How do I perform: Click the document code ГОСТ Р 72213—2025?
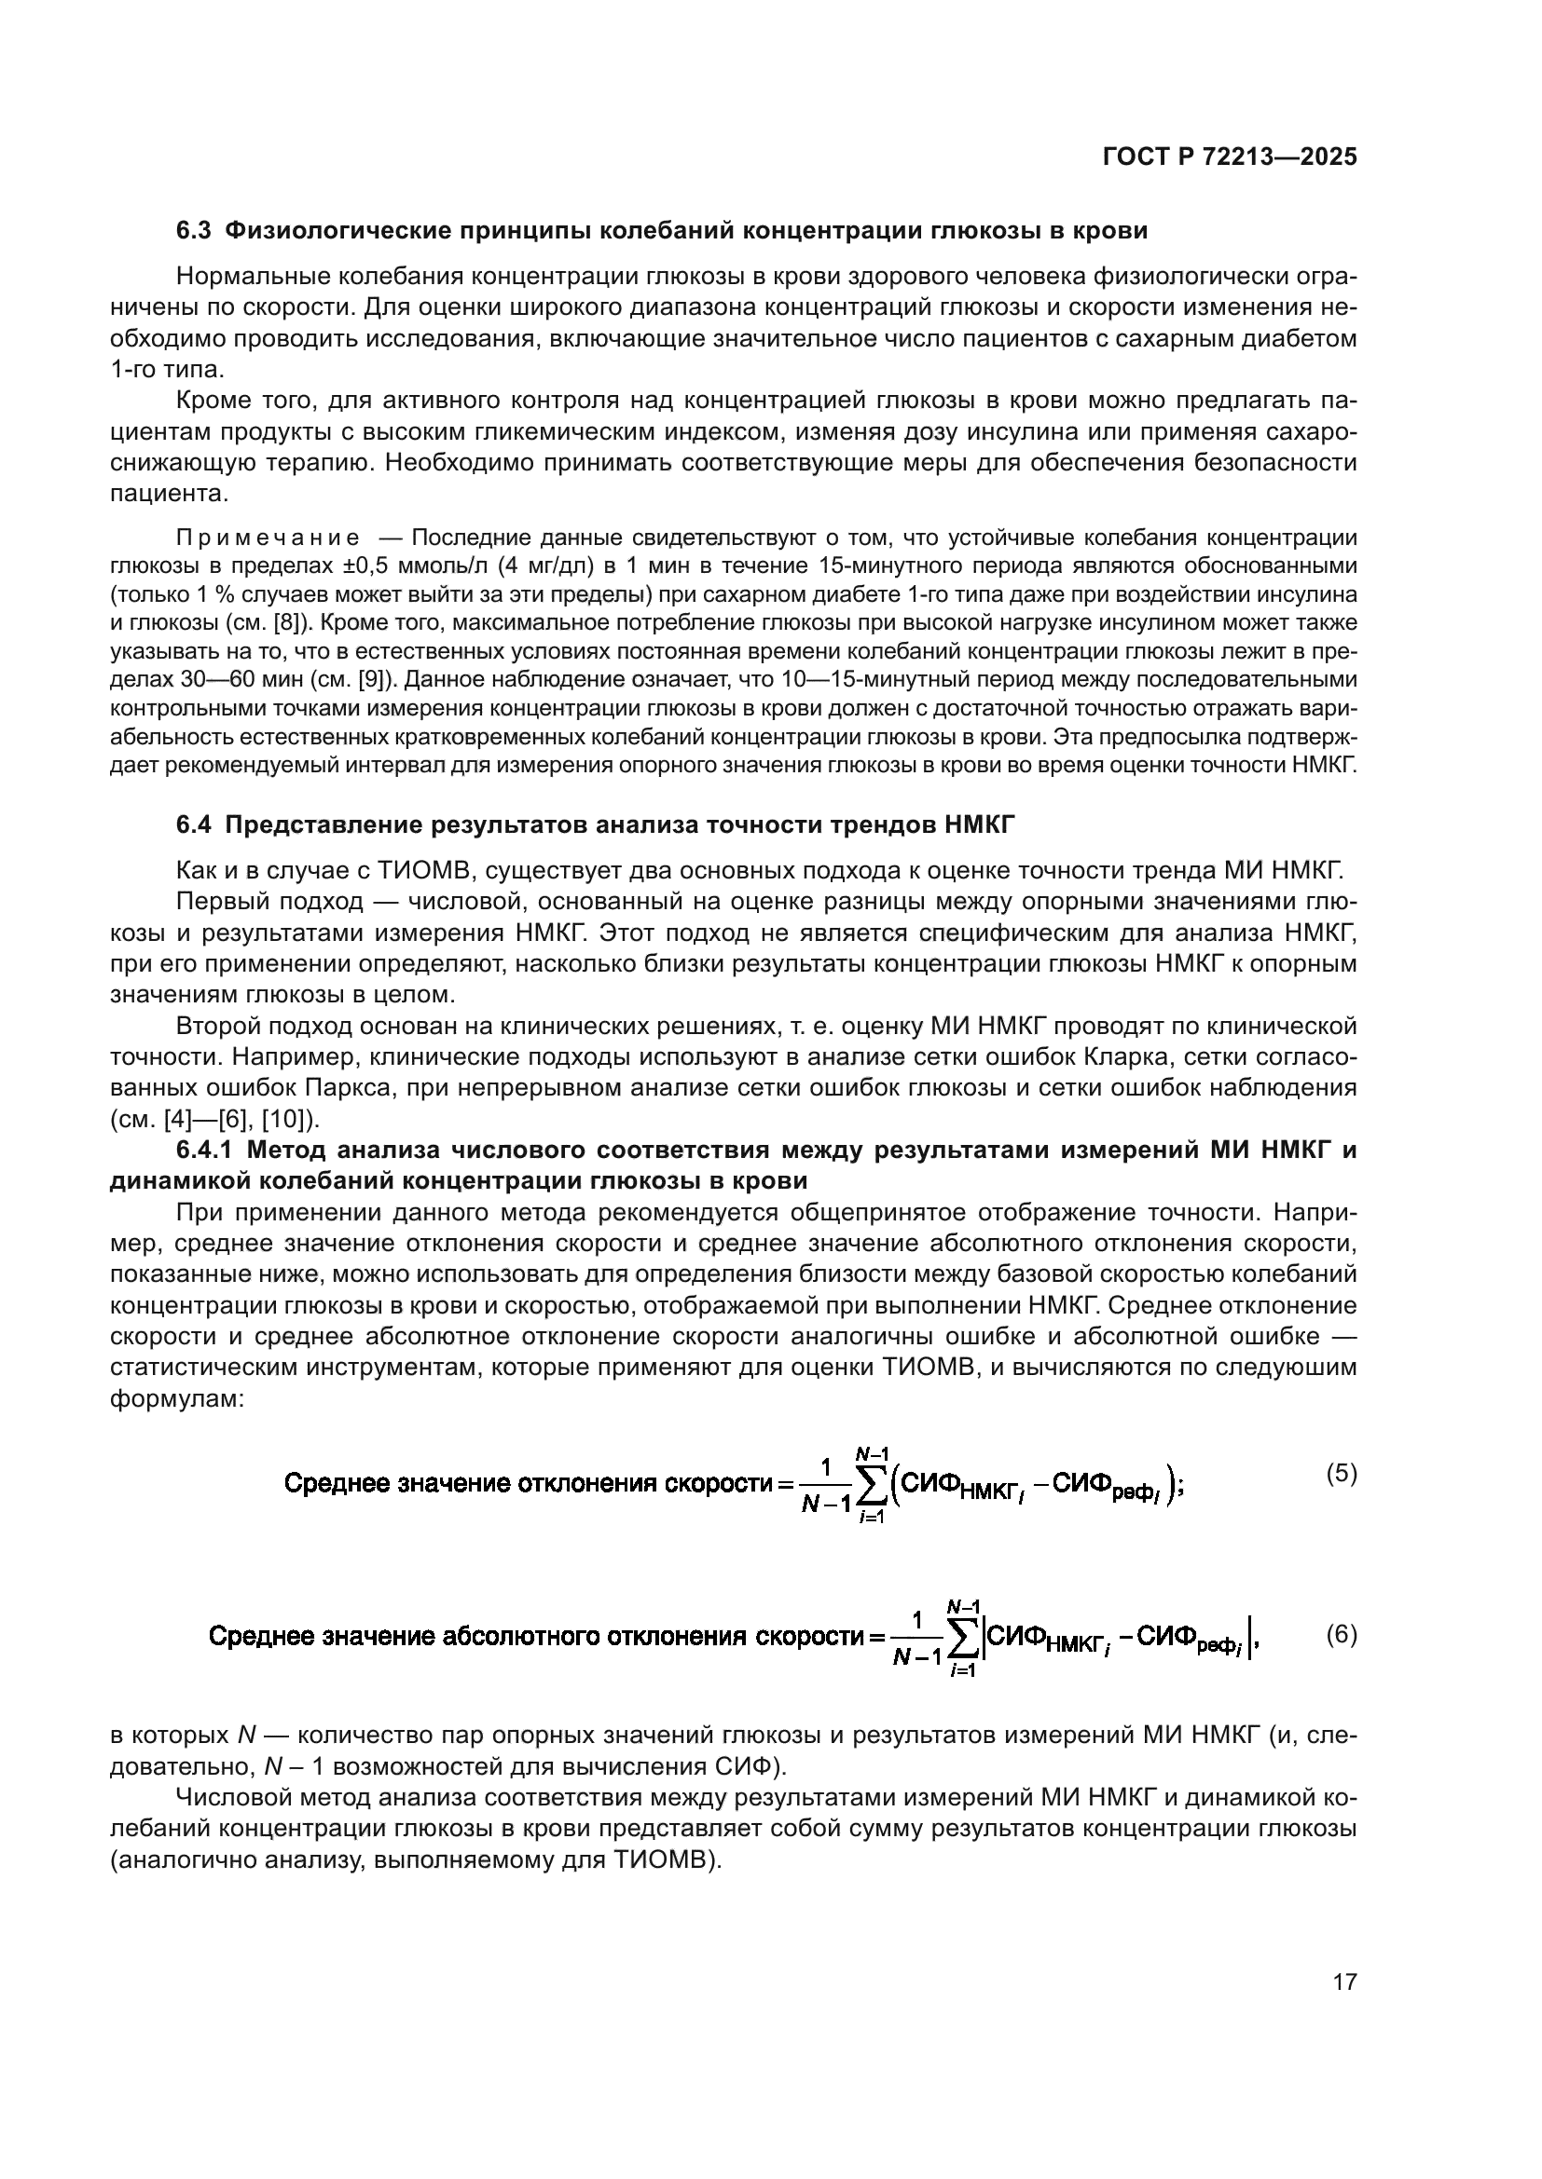coord(1230,157)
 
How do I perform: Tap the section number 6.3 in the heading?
coord(194,231)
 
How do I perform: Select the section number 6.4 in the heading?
coord(194,824)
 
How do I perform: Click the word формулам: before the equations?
coord(177,1399)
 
